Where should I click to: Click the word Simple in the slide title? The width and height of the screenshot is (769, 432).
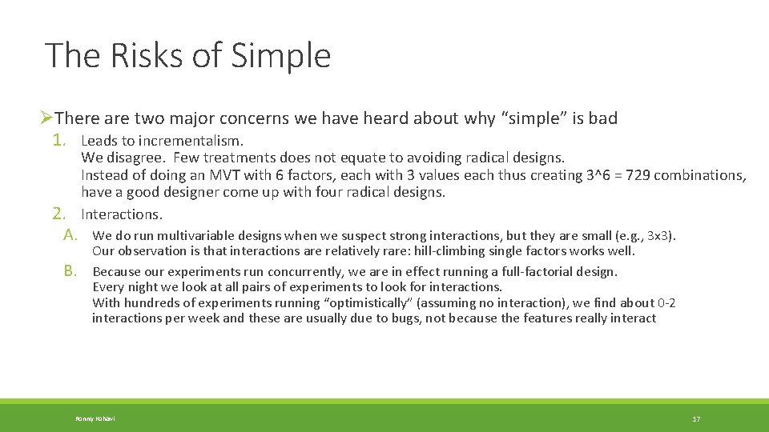pos(280,57)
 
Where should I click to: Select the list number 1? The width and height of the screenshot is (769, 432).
pos(58,141)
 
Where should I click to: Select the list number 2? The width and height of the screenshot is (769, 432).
pos(58,214)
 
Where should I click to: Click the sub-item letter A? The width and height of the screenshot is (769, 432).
pos(70,235)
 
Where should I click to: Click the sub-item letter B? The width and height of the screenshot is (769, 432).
pos(70,271)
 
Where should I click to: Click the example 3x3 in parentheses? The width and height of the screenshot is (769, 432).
pos(659,236)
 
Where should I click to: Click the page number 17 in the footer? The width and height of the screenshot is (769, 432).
pos(696,419)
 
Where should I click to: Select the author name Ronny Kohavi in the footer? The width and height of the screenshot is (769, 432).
pos(95,419)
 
